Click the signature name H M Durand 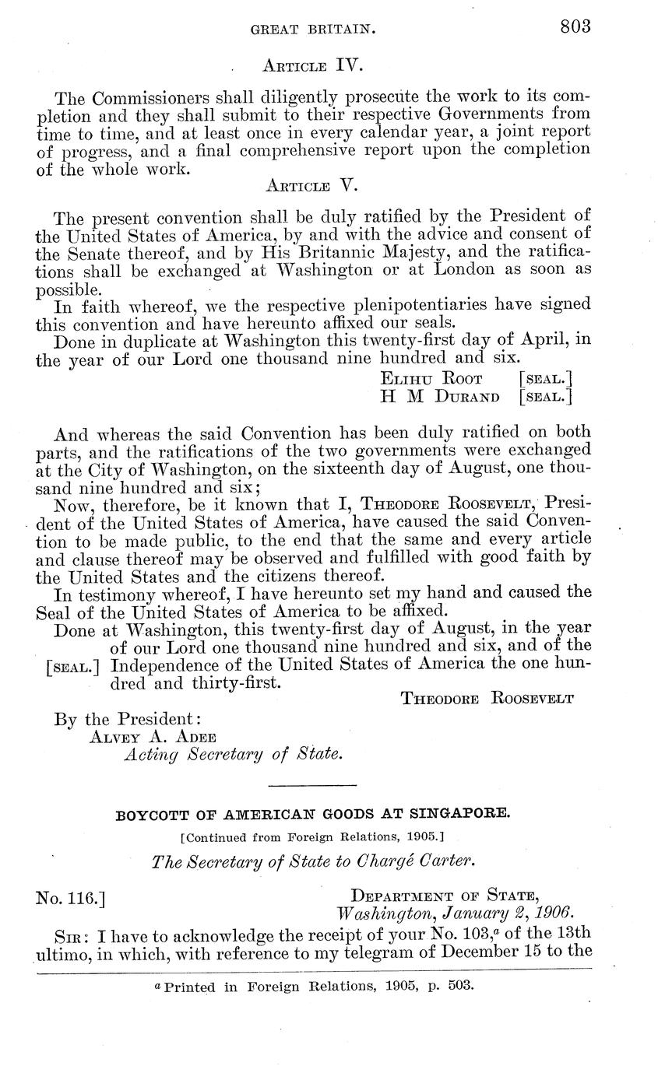point(439,397)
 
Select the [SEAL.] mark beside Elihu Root point(545,379)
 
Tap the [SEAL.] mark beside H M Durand point(545,397)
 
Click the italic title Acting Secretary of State point(233,755)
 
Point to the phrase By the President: point(128,718)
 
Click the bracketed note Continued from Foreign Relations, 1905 point(313,837)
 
